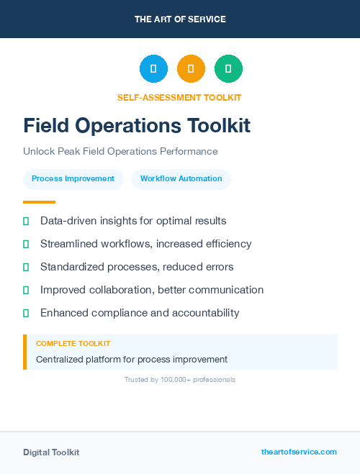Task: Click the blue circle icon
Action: coord(153,69)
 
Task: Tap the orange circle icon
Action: coord(191,69)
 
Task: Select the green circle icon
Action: coord(228,69)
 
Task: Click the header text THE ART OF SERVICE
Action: coord(180,19)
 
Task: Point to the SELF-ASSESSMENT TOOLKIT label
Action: coord(179,97)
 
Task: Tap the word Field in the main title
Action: coord(46,126)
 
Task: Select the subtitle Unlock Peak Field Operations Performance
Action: coord(120,152)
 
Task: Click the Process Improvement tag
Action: coord(73,178)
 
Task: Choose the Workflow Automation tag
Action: coord(181,178)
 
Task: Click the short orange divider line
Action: coord(39,201)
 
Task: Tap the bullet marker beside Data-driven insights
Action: coord(26,221)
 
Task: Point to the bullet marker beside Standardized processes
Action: coord(26,267)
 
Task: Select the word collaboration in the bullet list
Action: coord(118,290)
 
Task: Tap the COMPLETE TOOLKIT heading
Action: coord(73,344)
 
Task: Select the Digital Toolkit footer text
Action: coord(51,452)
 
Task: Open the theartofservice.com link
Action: coord(299,452)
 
